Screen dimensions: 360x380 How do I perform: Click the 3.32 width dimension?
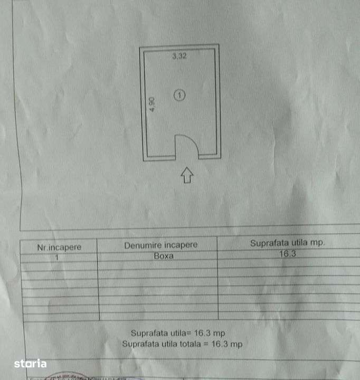click(179, 57)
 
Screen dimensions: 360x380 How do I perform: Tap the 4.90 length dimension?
click(151, 103)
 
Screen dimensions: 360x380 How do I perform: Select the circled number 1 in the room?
click(180, 95)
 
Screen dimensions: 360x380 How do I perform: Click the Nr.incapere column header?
click(59, 247)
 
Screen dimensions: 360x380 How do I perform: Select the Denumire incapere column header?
click(160, 245)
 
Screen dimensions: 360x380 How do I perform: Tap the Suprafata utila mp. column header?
click(287, 243)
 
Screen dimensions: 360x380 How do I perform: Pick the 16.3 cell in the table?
click(287, 254)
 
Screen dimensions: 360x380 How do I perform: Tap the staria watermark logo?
click(30, 364)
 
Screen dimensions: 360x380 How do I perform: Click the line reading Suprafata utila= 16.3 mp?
click(181, 333)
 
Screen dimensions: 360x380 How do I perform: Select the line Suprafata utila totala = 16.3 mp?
click(182, 344)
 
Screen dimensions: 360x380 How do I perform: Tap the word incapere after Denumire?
click(180, 245)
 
